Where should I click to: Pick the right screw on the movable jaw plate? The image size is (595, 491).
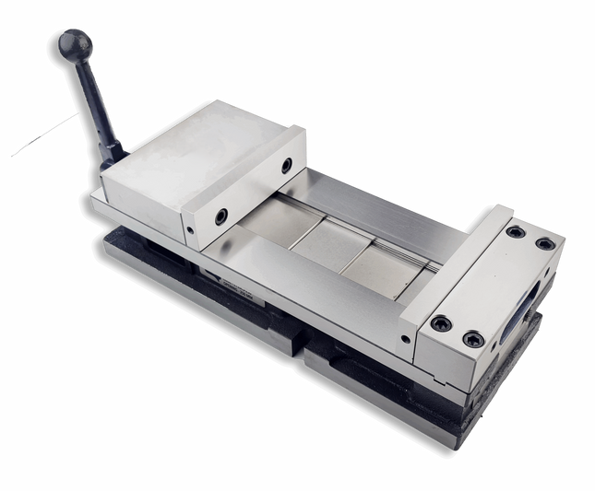pyautogui.click(x=287, y=165)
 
